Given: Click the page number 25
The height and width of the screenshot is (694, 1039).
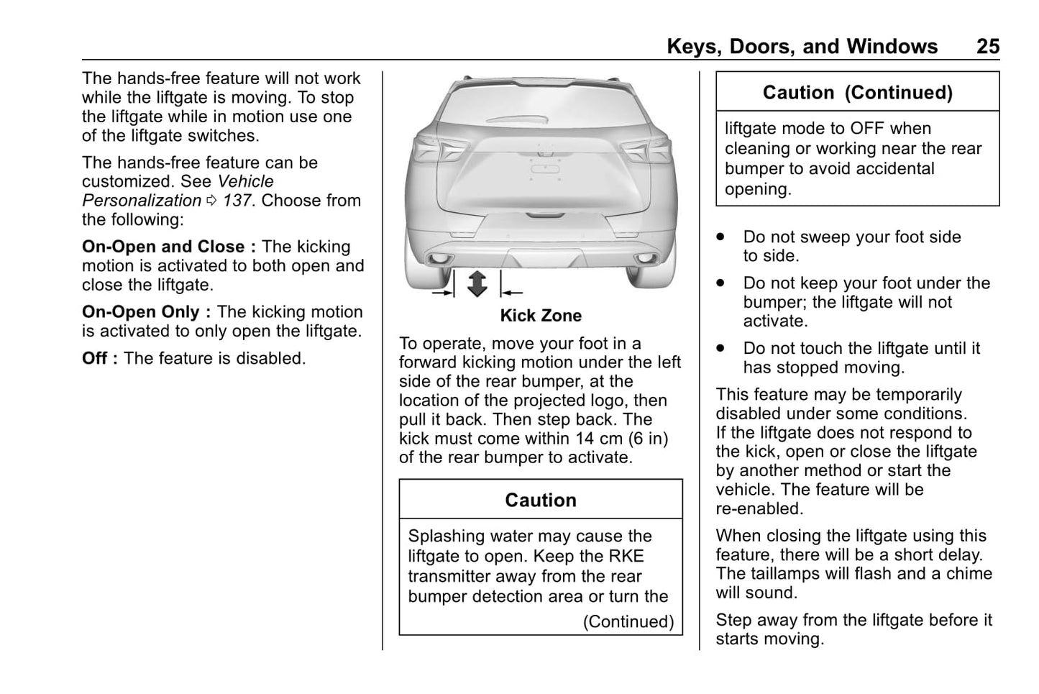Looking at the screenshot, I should [x=987, y=47].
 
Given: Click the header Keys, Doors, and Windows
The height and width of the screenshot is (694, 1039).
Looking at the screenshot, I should [x=802, y=47].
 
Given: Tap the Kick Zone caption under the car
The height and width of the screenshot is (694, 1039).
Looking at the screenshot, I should [x=541, y=316].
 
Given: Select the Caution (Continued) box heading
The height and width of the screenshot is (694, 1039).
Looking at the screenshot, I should [x=857, y=93].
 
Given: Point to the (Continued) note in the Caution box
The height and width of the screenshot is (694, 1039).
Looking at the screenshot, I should [x=628, y=621].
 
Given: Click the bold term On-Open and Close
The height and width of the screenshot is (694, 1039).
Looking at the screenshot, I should [x=163, y=247].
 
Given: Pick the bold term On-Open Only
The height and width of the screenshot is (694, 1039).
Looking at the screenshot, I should [x=141, y=312].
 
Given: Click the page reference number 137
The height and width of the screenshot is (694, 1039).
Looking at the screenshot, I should [x=237, y=201].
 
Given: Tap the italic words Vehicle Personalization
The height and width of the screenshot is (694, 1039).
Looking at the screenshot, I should [x=178, y=191].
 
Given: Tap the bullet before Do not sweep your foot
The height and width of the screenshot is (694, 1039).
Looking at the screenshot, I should [x=720, y=237].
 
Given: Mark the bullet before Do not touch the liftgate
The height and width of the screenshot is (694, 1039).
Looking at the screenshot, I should [x=720, y=349].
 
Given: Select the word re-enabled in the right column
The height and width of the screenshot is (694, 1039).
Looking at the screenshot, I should [x=759, y=509].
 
